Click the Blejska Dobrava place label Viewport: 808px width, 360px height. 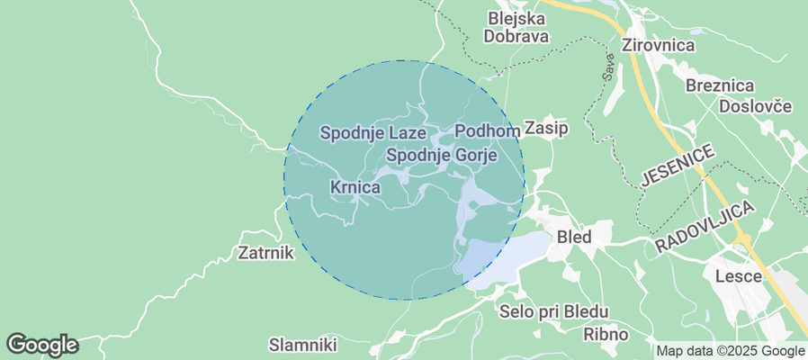(517, 27)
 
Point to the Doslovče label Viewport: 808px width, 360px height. (755, 106)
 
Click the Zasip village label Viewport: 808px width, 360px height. (546, 128)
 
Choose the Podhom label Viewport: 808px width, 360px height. (488, 131)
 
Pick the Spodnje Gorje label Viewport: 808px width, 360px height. (442, 155)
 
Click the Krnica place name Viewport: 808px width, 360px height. (355, 187)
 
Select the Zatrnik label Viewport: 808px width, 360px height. (266, 252)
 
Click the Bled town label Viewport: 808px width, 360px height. (575, 238)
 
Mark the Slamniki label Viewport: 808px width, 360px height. (303, 345)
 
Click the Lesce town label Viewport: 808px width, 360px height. (737, 275)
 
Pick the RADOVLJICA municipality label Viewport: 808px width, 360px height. (705, 226)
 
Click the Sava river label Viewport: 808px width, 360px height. (607, 68)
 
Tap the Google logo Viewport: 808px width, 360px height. (41, 345)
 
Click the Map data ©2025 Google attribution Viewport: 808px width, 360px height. (730, 351)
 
